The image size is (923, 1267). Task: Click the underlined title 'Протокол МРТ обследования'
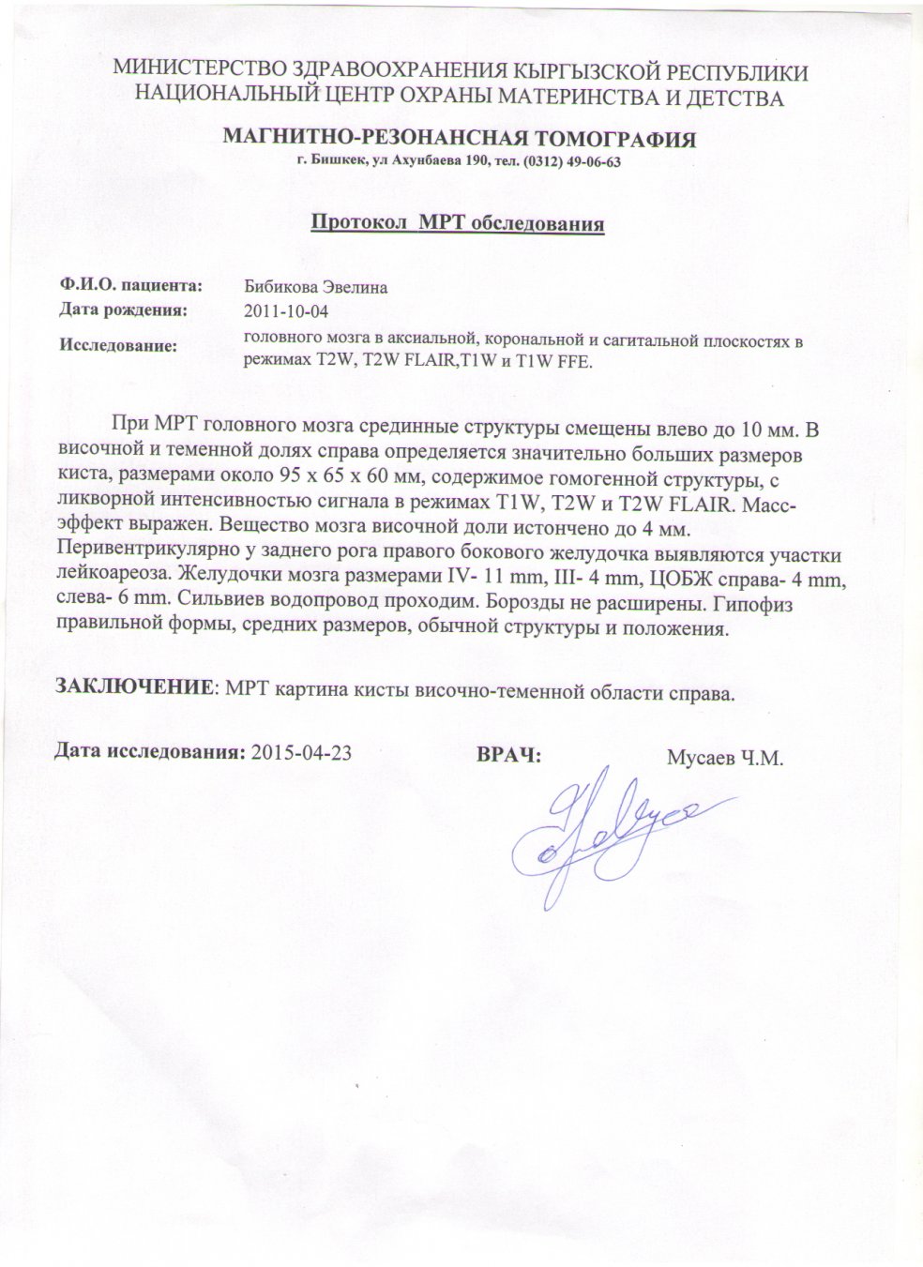point(456,224)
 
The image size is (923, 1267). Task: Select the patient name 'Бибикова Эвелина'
point(315,287)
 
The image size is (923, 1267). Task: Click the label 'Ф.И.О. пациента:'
point(130,284)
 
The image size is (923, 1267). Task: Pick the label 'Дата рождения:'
point(124,308)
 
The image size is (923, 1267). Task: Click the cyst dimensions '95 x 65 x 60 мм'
point(356,480)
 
